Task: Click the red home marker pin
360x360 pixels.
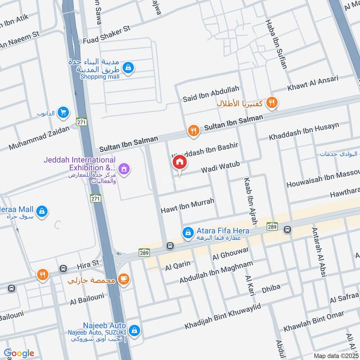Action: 180,162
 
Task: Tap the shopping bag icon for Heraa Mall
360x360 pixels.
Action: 42,211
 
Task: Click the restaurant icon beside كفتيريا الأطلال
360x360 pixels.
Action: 271,103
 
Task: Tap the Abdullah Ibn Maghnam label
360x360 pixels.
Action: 216,272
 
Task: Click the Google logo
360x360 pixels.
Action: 19,353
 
